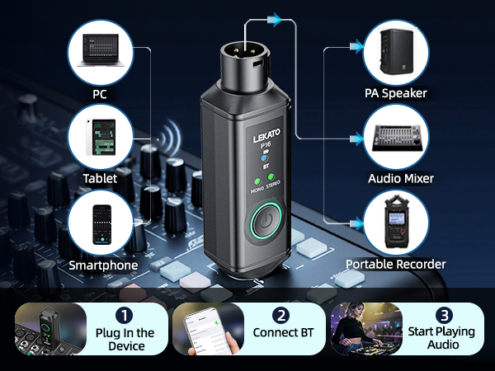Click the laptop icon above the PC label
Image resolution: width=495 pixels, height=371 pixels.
(101, 50)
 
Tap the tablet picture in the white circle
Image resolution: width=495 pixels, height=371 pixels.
(101, 137)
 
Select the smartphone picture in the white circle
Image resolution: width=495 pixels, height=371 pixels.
(102, 224)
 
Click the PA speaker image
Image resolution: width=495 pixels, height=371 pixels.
(396, 51)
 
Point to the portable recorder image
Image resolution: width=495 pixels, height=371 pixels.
(397, 222)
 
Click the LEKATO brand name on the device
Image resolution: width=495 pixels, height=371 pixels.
(266, 135)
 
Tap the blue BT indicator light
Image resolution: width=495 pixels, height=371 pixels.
(264, 158)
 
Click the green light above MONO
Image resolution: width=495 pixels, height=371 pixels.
(257, 182)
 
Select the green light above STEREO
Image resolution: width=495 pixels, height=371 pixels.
(271, 176)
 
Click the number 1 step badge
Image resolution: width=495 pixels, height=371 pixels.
(124, 316)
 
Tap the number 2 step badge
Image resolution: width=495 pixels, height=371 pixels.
(281, 316)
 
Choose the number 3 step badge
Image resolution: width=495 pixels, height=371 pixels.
(444, 316)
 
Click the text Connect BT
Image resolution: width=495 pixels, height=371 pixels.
(283, 332)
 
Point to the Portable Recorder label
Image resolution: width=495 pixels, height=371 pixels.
(395, 265)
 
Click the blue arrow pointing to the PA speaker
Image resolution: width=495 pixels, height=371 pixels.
(356, 47)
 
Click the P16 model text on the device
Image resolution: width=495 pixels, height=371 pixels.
(266, 145)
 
